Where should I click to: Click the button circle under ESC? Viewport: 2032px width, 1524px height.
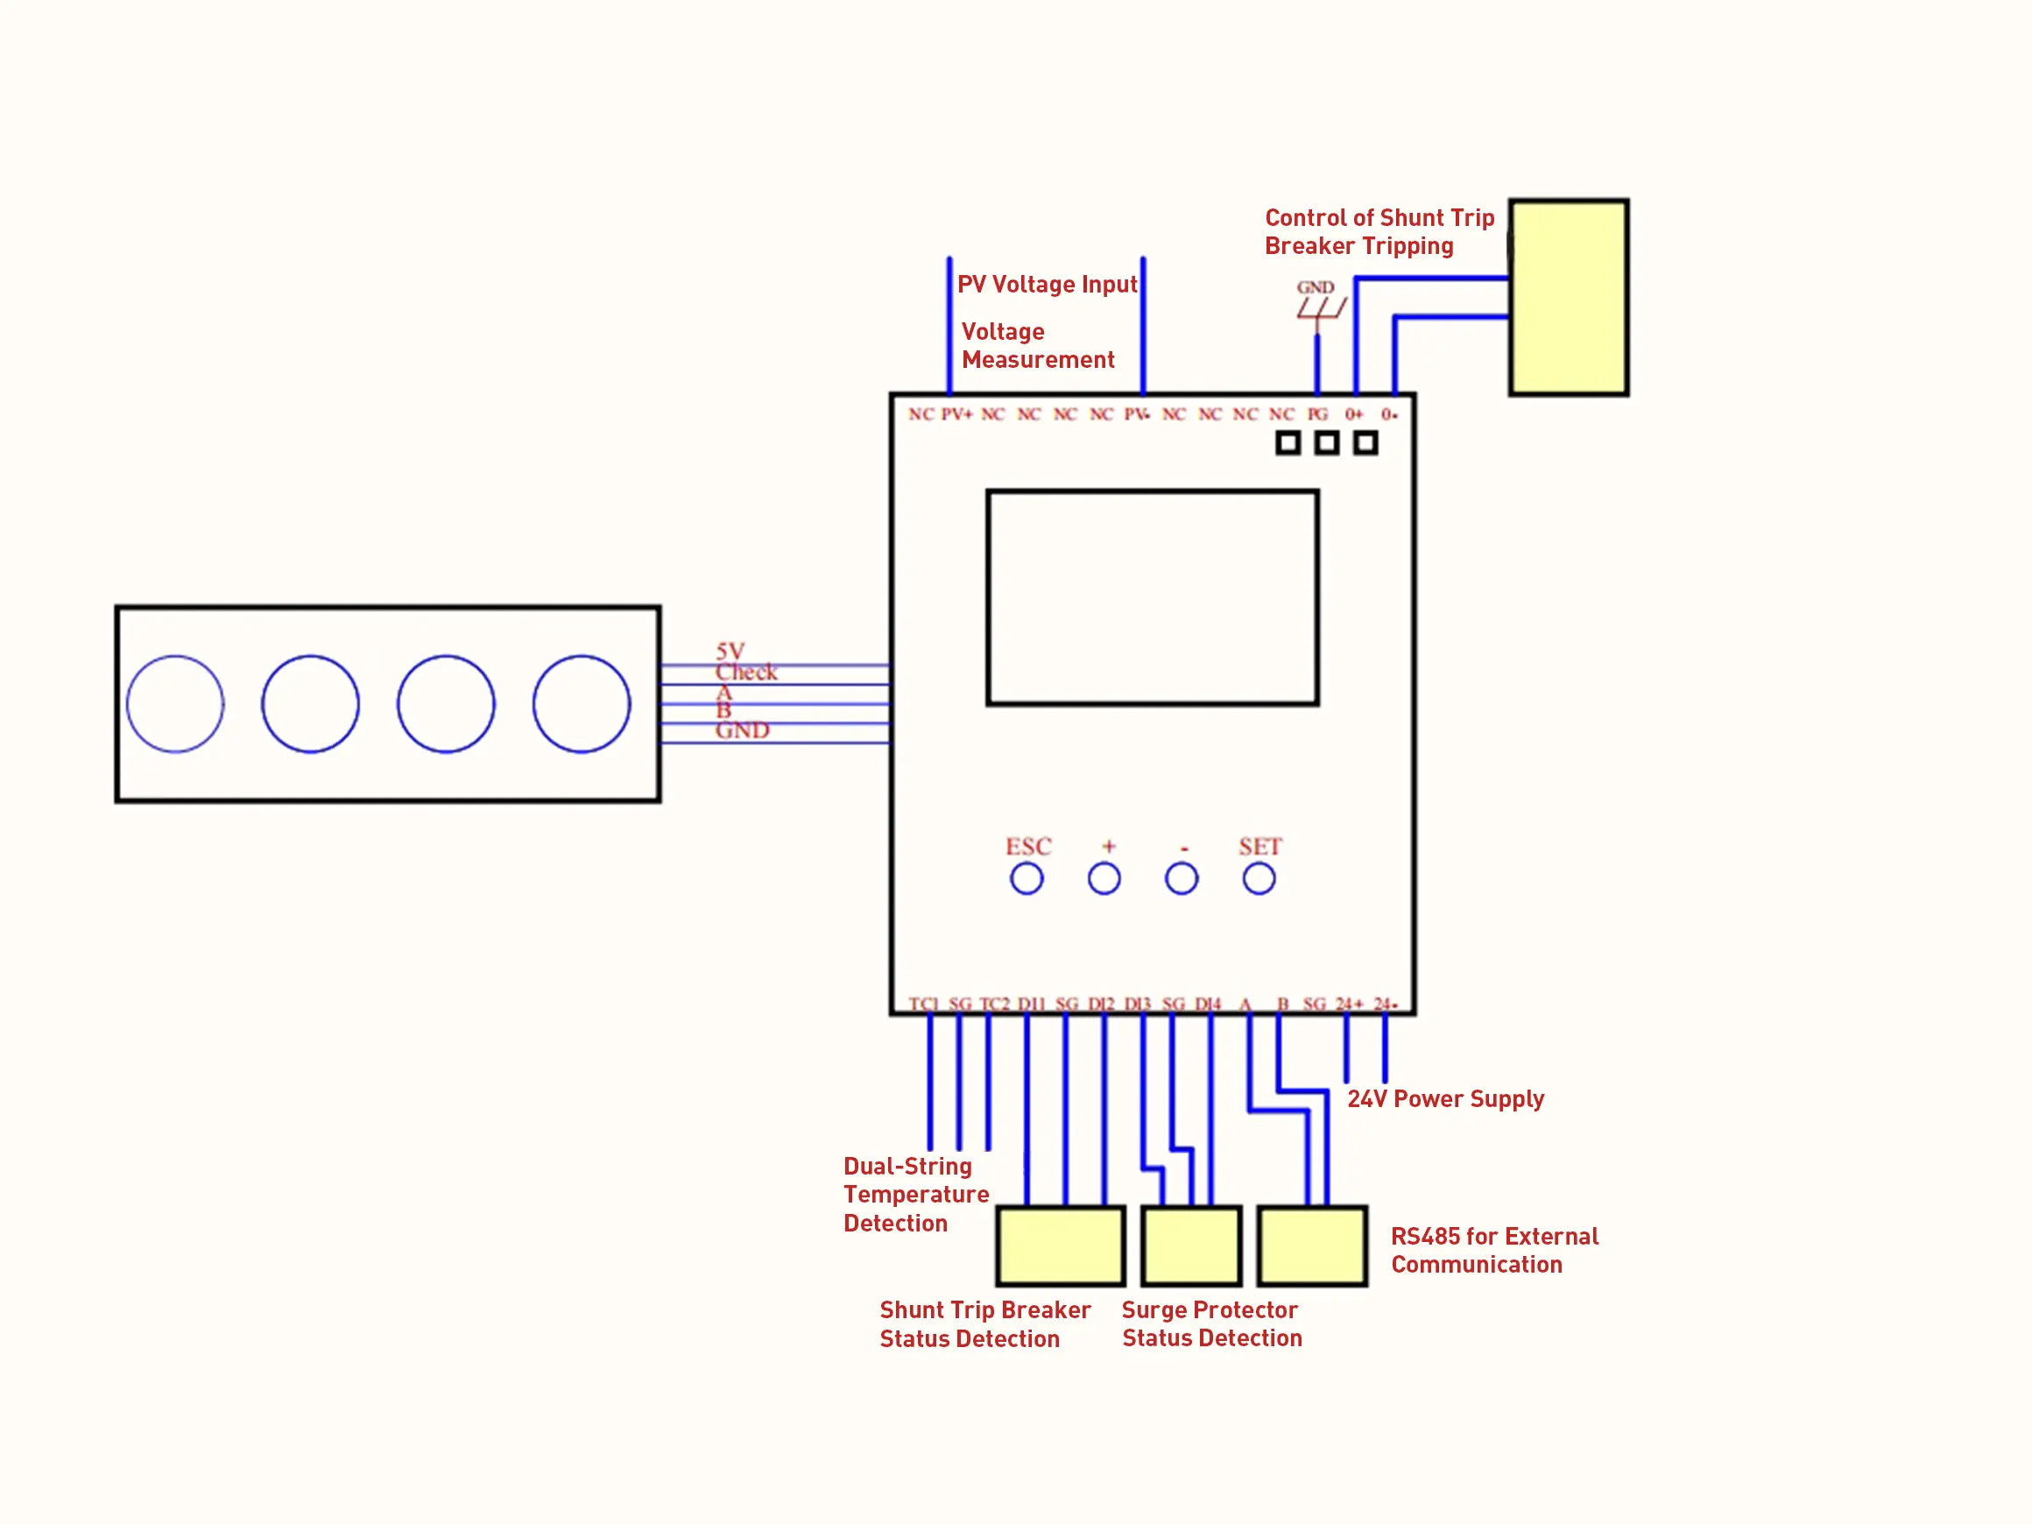click(1027, 879)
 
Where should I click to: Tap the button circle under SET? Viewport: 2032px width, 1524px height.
click(1259, 879)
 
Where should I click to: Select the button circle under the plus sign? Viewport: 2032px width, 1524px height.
click(1104, 879)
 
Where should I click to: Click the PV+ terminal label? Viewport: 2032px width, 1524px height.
click(956, 414)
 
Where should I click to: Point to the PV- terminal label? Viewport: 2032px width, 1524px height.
click(1137, 414)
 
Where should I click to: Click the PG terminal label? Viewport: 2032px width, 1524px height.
click(1317, 414)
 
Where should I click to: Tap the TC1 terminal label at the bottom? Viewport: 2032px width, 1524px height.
click(923, 1004)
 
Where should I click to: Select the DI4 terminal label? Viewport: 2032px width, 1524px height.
click(1208, 1004)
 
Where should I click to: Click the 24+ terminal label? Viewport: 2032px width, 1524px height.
click(1349, 1004)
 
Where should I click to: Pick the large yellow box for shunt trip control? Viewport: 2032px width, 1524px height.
click(1568, 298)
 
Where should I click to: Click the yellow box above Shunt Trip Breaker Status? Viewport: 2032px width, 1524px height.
click(1060, 1245)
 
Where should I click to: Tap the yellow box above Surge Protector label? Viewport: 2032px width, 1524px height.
click(1190, 1245)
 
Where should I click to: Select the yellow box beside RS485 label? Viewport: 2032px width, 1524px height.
click(1312, 1245)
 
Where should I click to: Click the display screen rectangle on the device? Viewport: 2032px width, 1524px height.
click(1152, 598)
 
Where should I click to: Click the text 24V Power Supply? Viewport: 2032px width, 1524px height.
click(1445, 1098)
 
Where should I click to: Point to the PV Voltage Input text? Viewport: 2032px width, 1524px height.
click(1047, 284)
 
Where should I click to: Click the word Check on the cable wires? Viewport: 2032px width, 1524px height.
click(746, 673)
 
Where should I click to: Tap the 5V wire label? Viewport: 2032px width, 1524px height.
click(730, 651)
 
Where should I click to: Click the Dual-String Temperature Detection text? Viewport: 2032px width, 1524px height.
click(915, 1194)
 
